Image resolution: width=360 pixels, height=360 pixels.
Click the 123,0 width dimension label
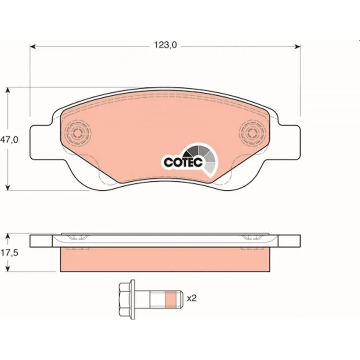tap(165, 45)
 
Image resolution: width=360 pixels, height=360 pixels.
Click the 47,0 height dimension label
tap(9, 139)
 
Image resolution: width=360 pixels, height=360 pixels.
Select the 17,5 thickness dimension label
tap(9, 253)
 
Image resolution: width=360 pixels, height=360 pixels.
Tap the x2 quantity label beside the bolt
tap(192, 298)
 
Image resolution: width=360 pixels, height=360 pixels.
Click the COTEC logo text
tap(183, 162)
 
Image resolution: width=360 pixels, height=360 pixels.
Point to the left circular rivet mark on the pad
tap(77, 132)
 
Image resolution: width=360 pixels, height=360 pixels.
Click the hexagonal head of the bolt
tap(124, 299)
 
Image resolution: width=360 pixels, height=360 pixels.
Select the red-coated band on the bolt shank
tap(171, 299)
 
